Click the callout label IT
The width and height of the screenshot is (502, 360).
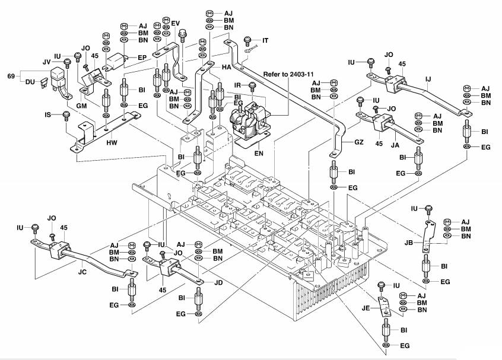265,40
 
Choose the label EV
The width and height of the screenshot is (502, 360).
176,23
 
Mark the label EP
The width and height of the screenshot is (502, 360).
142,58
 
